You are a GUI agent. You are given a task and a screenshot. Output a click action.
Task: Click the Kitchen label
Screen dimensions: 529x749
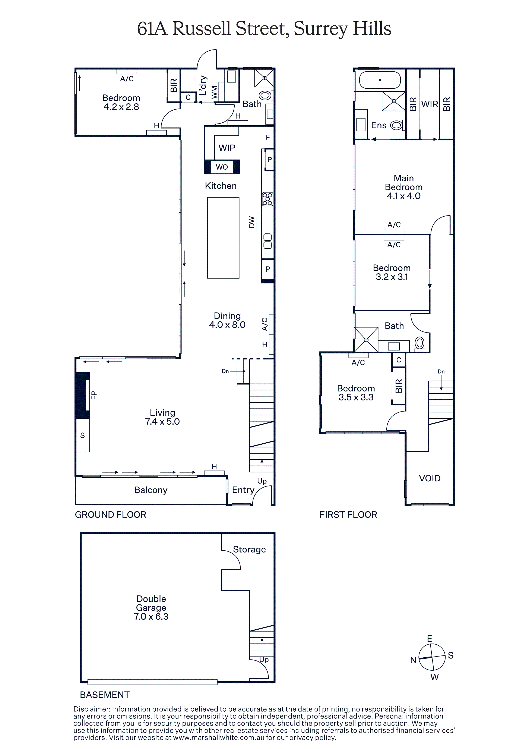click(x=221, y=186)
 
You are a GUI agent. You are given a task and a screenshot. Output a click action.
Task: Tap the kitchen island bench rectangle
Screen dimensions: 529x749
click(x=223, y=238)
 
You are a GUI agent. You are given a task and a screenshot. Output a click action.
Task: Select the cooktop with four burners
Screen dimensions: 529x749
click(x=267, y=199)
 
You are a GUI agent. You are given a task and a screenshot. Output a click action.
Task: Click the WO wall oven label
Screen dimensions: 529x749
click(x=222, y=167)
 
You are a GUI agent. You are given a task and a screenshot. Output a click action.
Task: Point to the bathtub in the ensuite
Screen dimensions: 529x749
click(x=380, y=80)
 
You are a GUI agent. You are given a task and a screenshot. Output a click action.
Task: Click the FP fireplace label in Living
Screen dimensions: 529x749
click(x=94, y=395)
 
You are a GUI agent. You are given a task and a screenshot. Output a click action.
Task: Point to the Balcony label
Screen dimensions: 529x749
click(x=151, y=490)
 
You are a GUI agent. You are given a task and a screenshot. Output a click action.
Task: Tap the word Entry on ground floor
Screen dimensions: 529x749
click(x=243, y=490)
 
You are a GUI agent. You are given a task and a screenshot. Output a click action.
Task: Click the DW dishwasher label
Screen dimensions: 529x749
click(x=251, y=222)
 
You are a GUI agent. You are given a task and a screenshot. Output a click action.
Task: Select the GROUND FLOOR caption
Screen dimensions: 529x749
click(x=111, y=514)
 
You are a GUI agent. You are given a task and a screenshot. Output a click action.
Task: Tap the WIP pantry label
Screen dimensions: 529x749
click(x=227, y=148)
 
